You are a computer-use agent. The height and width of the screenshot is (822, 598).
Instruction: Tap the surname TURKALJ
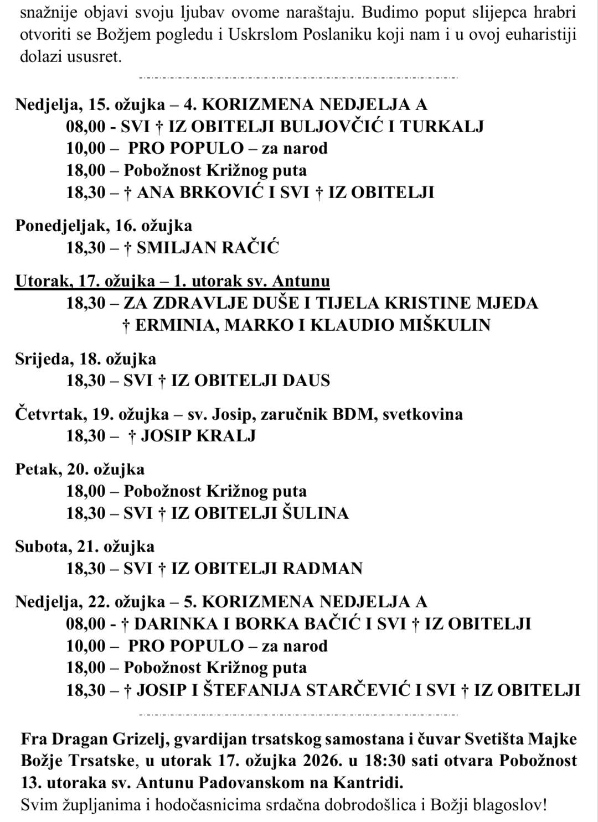click(x=442, y=127)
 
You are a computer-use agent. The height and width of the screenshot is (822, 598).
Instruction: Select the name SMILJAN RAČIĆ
click(x=208, y=248)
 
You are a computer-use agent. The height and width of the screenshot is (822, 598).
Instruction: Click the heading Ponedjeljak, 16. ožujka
click(x=104, y=226)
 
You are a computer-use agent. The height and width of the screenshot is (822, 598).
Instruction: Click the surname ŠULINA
click(x=316, y=513)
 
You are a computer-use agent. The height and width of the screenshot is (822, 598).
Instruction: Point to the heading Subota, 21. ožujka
click(x=85, y=547)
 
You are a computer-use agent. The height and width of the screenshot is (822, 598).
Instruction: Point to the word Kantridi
click(x=363, y=783)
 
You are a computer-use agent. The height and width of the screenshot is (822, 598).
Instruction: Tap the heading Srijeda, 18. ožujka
click(x=86, y=358)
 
